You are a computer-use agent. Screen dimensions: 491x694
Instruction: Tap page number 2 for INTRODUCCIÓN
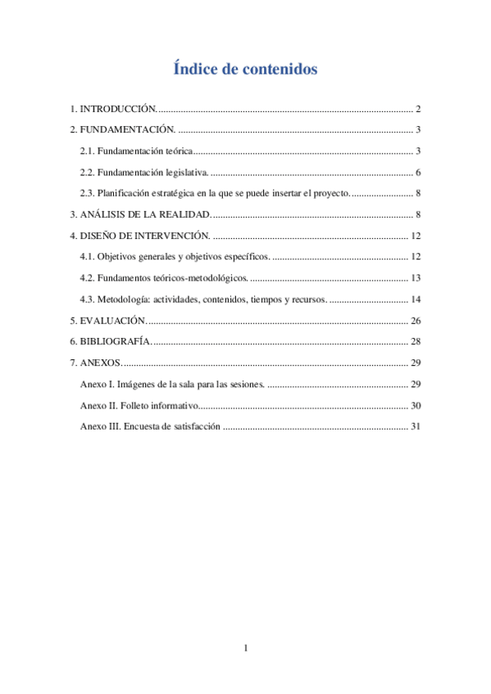[418, 109]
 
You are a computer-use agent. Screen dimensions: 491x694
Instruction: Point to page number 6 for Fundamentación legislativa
[418, 172]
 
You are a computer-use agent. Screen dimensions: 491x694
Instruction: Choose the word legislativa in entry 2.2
[186, 172]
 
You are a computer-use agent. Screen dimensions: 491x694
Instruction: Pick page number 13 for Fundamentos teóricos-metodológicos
[416, 278]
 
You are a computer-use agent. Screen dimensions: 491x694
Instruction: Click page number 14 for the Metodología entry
[416, 300]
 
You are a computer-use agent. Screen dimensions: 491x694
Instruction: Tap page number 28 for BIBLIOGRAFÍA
[416, 341]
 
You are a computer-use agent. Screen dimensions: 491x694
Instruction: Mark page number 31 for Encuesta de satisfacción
[416, 426]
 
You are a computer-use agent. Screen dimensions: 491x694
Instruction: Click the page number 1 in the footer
[245, 649]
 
